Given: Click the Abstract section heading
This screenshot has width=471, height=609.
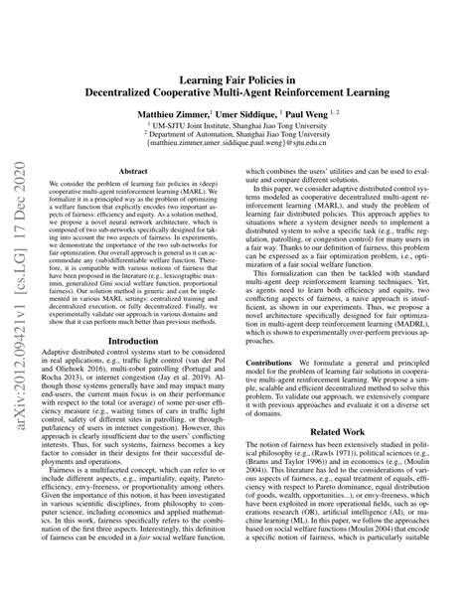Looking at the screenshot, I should point(133,171).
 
